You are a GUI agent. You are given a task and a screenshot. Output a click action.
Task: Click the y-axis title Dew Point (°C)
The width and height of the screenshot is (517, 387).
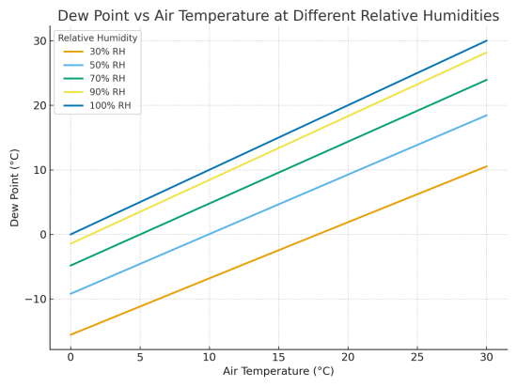coord(15,186)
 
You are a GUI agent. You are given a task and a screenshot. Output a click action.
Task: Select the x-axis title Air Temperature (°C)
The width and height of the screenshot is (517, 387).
coord(278,371)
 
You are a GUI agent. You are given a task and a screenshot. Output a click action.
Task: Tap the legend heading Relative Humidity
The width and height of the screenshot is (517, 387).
coord(98,38)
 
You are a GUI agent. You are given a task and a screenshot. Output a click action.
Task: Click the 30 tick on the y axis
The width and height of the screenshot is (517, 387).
coord(39,40)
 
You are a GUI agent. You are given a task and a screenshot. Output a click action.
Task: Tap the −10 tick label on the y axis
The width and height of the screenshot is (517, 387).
coord(35,299)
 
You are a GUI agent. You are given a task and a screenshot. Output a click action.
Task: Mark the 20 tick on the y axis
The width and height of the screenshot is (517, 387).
coord(39,105)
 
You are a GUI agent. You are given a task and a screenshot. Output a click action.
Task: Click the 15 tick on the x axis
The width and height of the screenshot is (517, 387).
coord(278,357)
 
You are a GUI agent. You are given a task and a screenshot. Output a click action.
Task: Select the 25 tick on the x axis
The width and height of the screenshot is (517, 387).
coord(417,357)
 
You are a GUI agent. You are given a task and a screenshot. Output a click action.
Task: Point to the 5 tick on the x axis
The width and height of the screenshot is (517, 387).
coord(139,357)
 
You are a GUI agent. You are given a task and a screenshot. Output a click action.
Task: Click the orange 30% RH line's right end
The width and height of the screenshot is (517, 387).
coord(487,166)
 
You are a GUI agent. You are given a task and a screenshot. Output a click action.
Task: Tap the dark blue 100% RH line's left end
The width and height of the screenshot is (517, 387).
coord(70,234)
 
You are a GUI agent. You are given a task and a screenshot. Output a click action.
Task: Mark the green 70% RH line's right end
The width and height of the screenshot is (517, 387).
coord(487,80)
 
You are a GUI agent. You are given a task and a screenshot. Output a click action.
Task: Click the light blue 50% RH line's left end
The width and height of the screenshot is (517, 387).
coord(70,294)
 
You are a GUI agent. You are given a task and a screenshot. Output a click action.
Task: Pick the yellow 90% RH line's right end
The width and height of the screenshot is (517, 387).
coord(487,52)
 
